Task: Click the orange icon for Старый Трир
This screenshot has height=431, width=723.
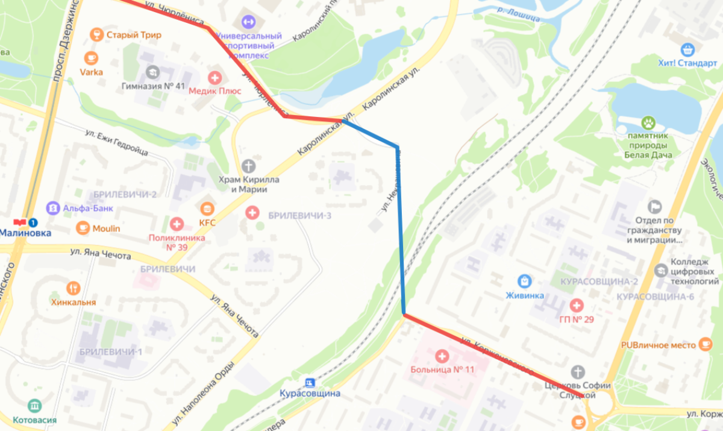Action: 95,35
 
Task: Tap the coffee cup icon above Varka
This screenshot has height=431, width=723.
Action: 91,58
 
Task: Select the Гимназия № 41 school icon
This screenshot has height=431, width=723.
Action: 152,72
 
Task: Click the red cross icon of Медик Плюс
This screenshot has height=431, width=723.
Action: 214,77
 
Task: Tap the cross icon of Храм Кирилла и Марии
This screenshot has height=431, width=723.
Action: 248,165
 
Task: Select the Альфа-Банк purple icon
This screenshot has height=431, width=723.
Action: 52,208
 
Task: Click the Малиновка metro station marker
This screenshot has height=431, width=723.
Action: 26,223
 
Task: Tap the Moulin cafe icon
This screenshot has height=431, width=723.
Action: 83,228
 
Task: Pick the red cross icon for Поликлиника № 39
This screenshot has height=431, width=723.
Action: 177,224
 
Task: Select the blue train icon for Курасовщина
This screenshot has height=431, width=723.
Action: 310,382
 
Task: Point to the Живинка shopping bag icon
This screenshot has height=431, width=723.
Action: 525,281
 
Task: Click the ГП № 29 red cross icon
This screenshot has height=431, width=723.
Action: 576,305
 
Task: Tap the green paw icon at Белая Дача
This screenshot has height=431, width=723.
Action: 648,123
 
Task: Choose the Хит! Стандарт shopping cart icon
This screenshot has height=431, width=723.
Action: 687,49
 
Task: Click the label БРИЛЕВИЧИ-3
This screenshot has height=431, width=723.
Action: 300,215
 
